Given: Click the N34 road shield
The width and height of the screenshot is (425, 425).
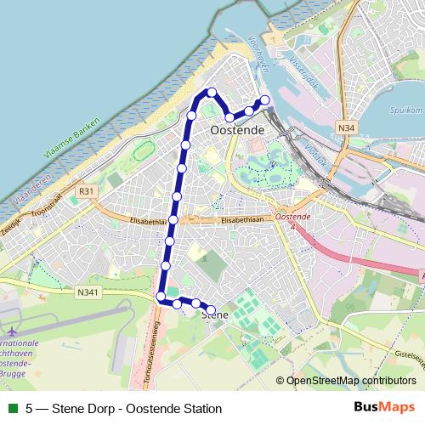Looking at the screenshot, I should (345, 127).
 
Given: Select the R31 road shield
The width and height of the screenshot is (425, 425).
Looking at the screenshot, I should (86, 191).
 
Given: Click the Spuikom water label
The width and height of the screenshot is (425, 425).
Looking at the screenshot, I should (405, 110).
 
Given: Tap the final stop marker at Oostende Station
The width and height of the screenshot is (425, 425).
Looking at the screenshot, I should (264, 100).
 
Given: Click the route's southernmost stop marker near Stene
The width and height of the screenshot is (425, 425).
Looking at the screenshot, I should (211, 310).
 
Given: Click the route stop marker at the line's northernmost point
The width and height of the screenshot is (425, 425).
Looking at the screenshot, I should (212, 92).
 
